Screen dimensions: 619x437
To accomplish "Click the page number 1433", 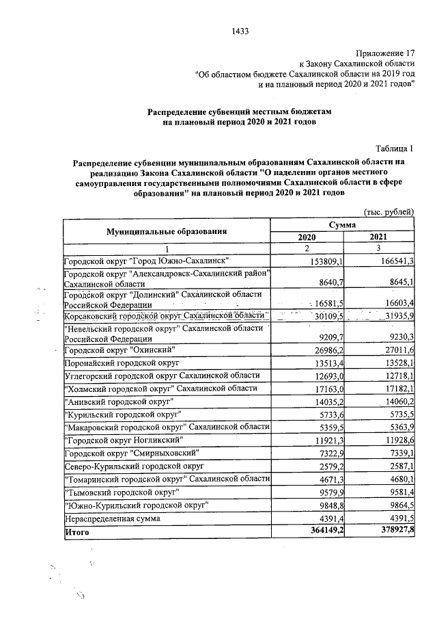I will point(240,31).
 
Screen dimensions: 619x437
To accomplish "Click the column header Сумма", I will point(343,224).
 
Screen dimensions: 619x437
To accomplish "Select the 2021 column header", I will point(379,237).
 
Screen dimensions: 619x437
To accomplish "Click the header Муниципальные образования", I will point(166,231).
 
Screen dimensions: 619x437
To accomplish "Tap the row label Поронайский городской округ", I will point(122,363).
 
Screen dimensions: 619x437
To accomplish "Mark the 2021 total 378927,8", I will point(394,531).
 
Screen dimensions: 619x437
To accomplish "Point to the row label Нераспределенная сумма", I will point(109,518).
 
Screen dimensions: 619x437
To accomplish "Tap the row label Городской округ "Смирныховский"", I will point(131,453).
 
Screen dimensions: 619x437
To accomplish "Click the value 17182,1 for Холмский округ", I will point(396,388).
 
